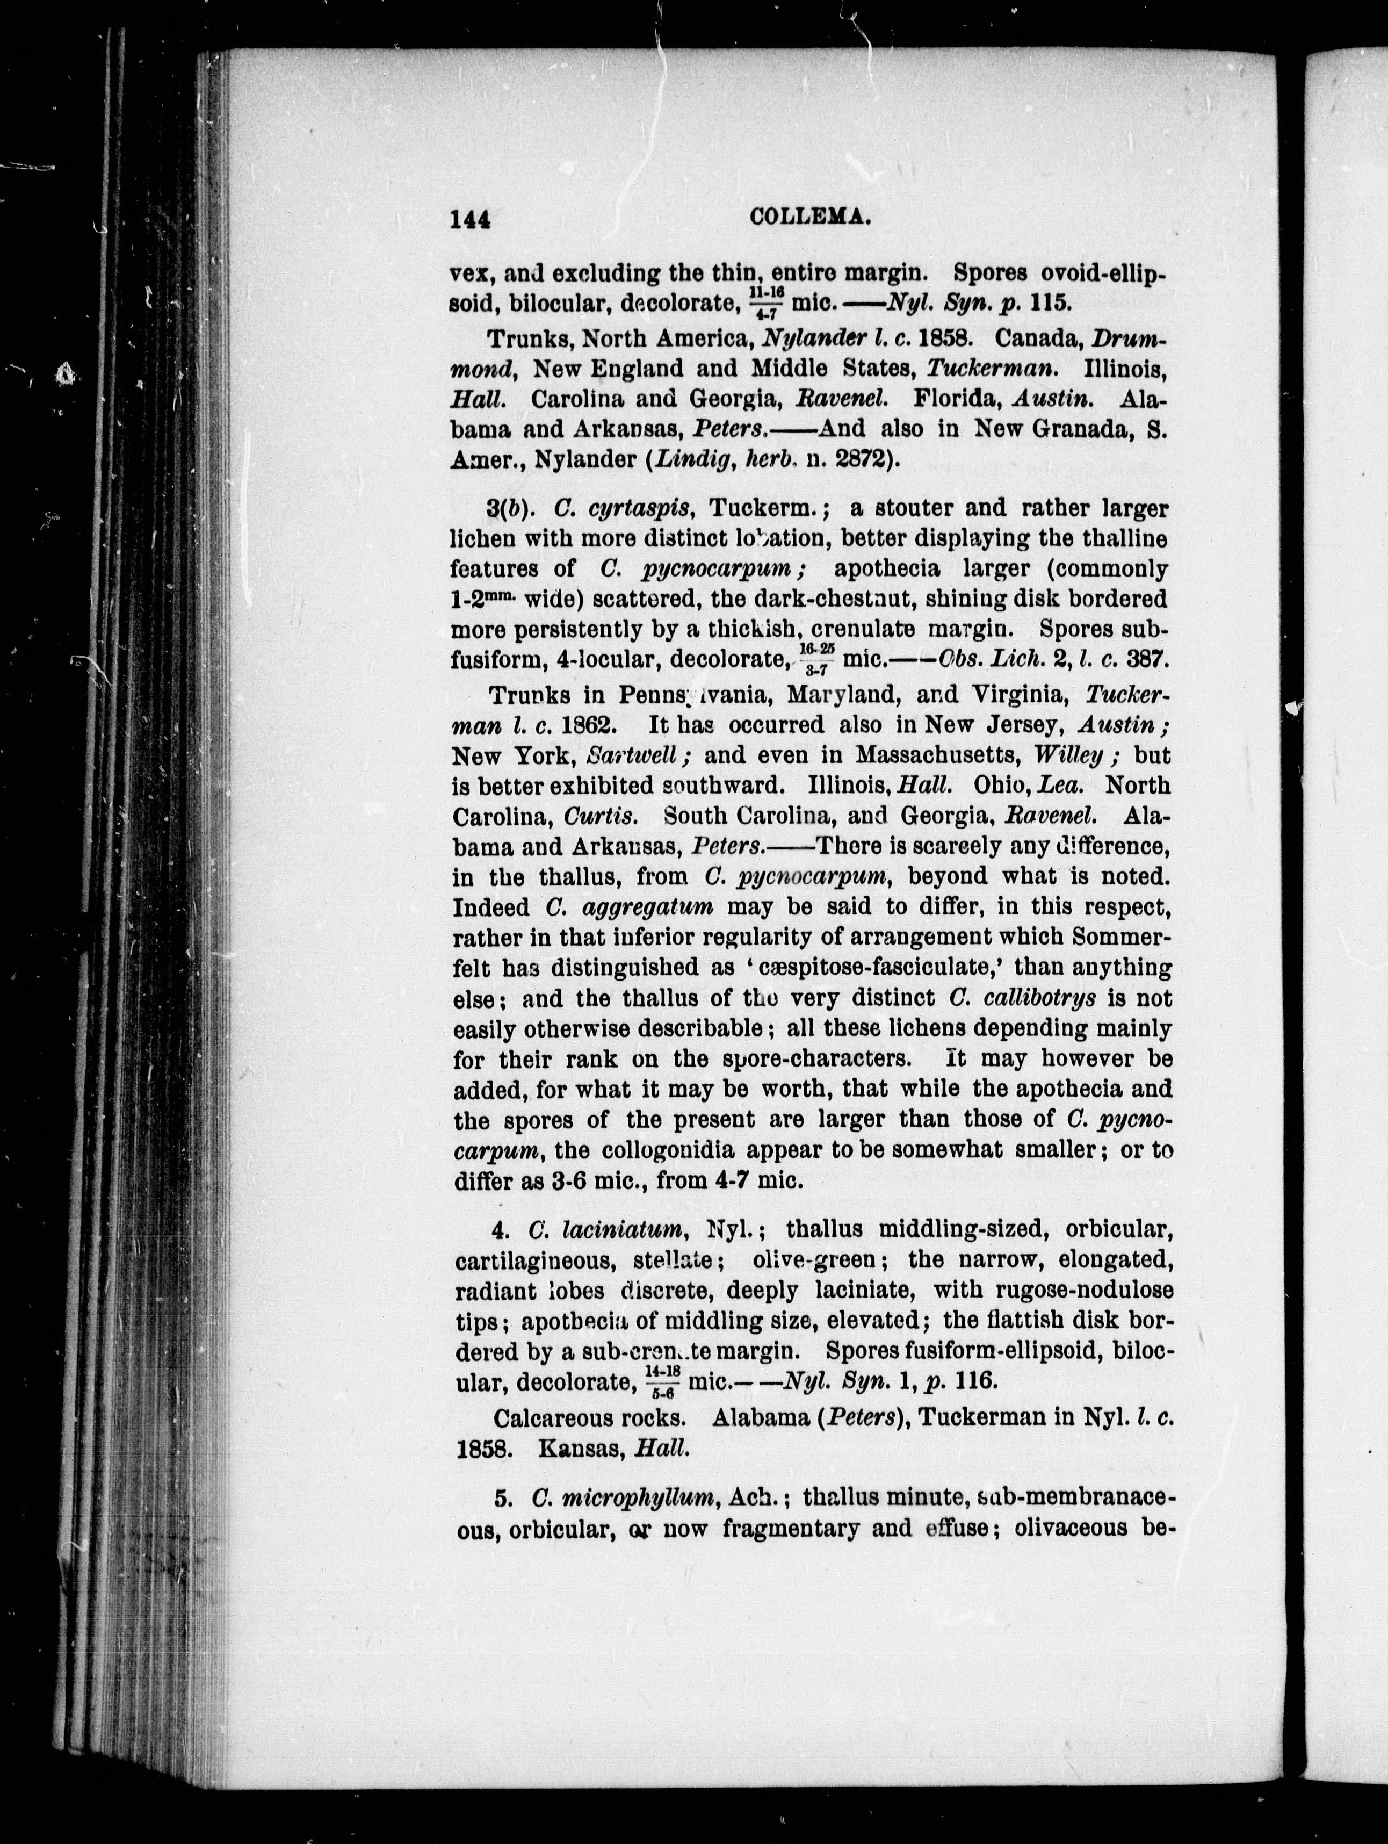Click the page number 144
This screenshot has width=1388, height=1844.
(470, 219)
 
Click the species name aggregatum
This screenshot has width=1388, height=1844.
(630, 907)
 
